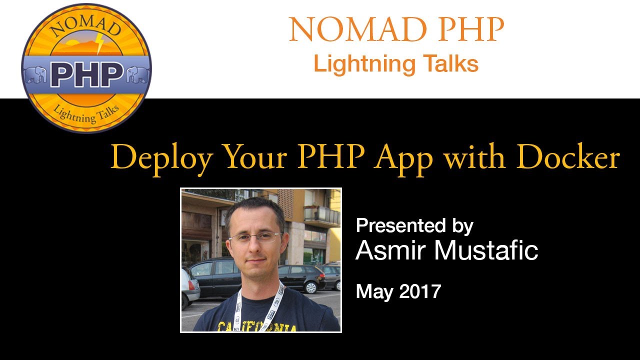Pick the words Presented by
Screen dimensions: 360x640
coord(414,226)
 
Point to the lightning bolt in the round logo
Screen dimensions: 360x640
coord(100,44)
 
